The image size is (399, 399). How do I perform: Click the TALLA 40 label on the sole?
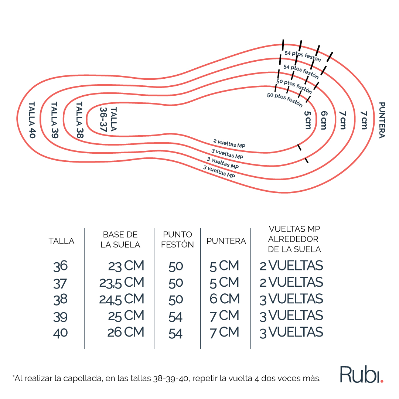32,120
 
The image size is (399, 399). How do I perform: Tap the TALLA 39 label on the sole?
54,120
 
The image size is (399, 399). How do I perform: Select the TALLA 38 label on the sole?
79,120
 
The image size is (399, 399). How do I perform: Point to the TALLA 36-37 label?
108,119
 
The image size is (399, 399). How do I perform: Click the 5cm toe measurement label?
308,120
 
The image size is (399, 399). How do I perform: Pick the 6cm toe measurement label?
324,120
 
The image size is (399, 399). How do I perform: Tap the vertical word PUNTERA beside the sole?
382,120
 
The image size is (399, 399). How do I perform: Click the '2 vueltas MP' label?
229,144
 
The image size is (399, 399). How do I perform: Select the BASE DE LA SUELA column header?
120,239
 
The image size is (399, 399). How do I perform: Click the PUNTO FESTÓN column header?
177,239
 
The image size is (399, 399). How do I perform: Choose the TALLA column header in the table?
61,241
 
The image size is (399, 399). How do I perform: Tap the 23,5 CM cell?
122,283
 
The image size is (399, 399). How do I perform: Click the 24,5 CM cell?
122,299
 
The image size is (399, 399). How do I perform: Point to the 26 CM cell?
126,332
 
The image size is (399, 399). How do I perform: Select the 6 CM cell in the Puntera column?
225,299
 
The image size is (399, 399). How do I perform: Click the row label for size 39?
60,316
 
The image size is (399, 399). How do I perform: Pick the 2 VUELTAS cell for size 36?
291,266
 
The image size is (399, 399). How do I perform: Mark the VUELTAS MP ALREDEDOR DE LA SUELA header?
294,239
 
